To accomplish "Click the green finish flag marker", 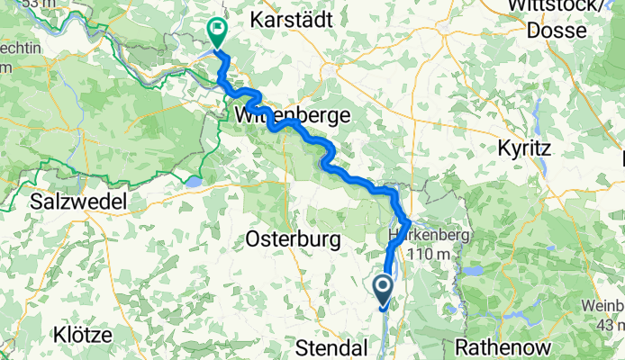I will pyautogui.click(x=217, y=32).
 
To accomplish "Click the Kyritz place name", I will pyautogui.click(x=535, y=148).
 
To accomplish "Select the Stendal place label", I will pyautogui.click(x=334, y=347).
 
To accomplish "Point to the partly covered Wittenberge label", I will pyautogui.click(x=286, y=115).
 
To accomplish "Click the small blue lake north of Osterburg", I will pyautogui.click(x=193, y=183).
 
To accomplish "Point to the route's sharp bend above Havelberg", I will pyautogui.click(x=409, y=220).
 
